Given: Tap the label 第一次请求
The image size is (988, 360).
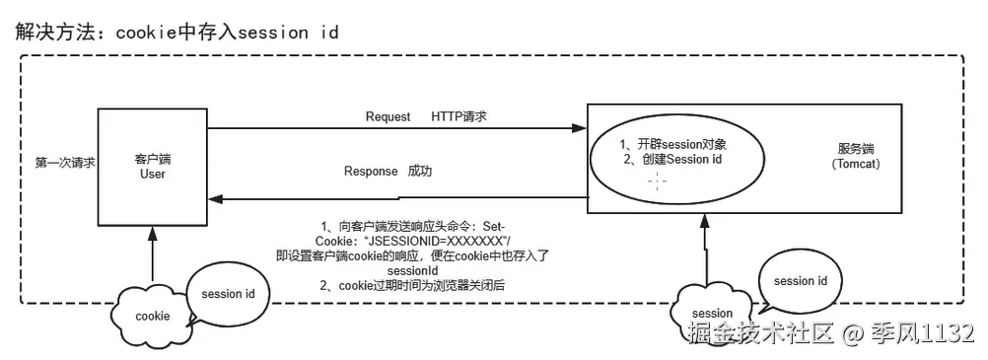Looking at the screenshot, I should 65,163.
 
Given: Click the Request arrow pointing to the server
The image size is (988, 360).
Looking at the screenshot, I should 394,127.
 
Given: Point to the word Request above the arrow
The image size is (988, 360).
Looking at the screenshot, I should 388,115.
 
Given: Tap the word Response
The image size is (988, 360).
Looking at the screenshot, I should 371,171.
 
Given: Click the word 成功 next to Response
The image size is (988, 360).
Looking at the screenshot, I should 421,171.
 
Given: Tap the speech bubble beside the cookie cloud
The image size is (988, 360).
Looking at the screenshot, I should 228,294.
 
